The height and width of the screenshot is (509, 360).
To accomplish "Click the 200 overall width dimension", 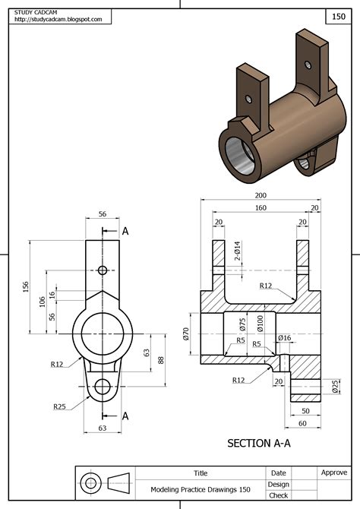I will coord(261,194).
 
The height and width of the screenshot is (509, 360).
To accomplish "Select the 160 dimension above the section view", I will coord(261,207).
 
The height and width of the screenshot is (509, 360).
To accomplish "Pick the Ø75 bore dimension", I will coord(244,324).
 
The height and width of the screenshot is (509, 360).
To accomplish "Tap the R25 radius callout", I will coord(60,407).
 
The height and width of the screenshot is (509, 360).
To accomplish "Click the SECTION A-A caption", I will coord(261,442).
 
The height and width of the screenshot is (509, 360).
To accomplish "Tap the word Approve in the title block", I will coord(333,473).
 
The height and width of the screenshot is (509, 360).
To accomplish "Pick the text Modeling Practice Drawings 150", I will coord(201,489).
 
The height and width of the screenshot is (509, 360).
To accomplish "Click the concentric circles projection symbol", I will coord(91,483).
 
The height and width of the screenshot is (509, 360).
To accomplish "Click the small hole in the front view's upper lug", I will coord(103,270).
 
